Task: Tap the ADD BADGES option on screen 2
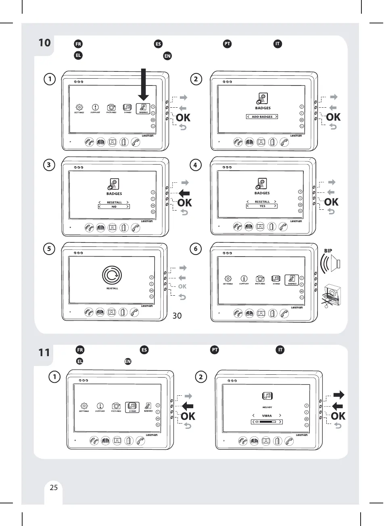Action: (x=262, y=117)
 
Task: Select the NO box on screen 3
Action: (x=114, y=207)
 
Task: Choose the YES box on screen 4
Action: (x=262, y=206)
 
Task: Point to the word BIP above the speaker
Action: (x=328, y=250)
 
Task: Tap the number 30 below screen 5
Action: (x=177, y=316)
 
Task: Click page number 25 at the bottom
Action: (x=54, y=487)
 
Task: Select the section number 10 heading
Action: (x=45, y=42)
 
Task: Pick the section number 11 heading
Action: (x=44, y=353)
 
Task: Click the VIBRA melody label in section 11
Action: (x=267, y=415)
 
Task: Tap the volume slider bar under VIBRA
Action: (x=267, y=422)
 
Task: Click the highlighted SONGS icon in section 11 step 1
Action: (x=132, y=407)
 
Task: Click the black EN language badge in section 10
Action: (x=167, y=56)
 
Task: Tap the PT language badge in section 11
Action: (x=215, y=349)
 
